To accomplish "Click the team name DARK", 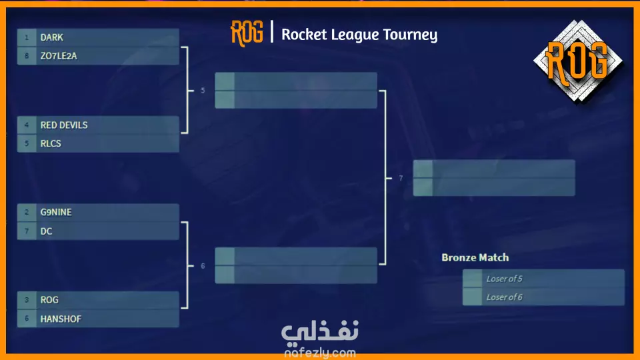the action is click(x=52, y=37).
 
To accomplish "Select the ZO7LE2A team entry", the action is click(x=59, y=56).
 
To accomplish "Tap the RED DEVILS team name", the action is click(x=64, y=125).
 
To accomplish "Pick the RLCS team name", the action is click(x=51, y=144).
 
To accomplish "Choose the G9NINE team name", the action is click(x=56, y=212).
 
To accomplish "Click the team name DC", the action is click(x=46, y=231).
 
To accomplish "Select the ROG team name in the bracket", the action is click(x=49, y=300).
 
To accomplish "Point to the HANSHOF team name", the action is click(x=61, y=319).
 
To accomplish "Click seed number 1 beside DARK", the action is click(x=27, y=37).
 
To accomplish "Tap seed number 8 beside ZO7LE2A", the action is click(x=27, y=56).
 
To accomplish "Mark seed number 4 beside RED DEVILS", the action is click(x=27, y=125).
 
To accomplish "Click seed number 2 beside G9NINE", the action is click(x=27, y=212).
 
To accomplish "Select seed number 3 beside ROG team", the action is click(x=27, y=300).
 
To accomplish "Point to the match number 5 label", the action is click(x=203, y=90).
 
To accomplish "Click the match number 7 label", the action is click(x=401, y=178).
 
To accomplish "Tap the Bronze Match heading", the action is click(x=475, y=257).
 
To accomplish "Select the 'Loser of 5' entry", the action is click(x=504, y=279).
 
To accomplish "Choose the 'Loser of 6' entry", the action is click(x=504, y=297).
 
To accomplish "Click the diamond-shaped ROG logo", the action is click(x=577, y=61).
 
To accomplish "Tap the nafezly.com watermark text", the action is click(x=320, y=353).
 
